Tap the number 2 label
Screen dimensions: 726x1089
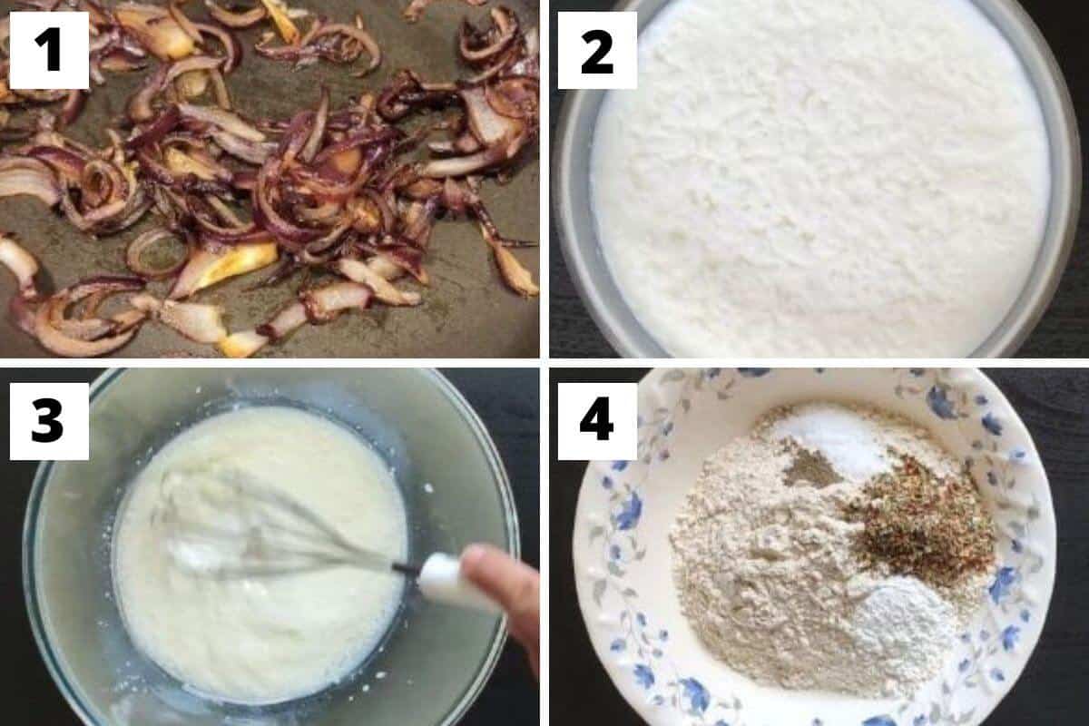tap(597, 49)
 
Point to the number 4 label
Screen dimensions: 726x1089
tap(597, 420)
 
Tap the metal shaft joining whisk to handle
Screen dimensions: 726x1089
tap(406, 569)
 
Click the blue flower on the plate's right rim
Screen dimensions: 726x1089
tap(1003, 581)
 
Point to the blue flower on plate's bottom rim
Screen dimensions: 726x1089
tap(694, 694)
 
